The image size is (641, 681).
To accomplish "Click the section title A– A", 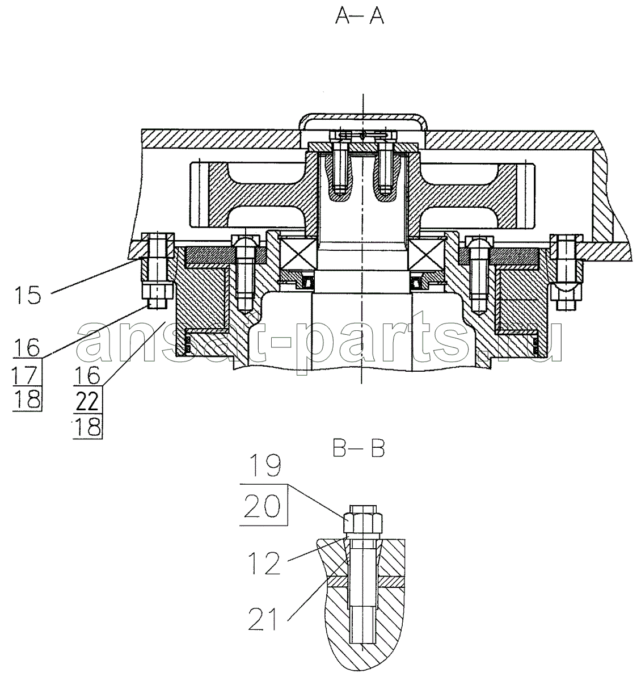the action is (x=360, y=17).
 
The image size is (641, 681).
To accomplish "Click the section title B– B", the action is (x=359, y=449).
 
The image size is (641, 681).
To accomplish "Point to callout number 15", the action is (x=28, y=295).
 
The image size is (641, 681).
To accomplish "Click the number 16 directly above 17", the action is (x=27, y=348).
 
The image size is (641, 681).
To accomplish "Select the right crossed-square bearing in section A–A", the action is (x=427, y=254).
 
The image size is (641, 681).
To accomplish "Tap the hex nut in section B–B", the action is (x=362, y=524).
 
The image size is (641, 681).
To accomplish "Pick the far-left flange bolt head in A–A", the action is (x=158, y=245).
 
